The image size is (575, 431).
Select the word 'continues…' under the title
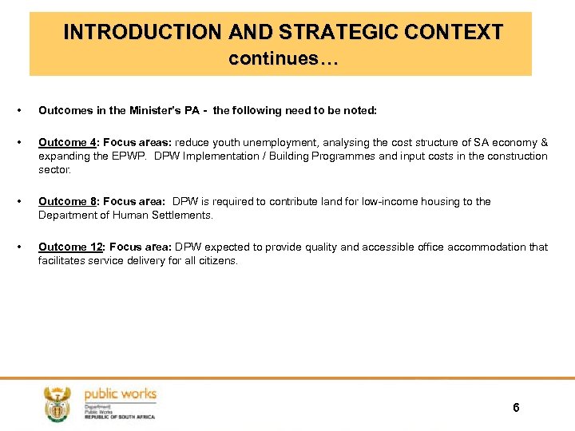(284, 59)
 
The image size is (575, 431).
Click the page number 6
(516, 408)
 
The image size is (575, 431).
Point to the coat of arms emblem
(57, 403)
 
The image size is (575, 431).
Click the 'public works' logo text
(121, 393)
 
